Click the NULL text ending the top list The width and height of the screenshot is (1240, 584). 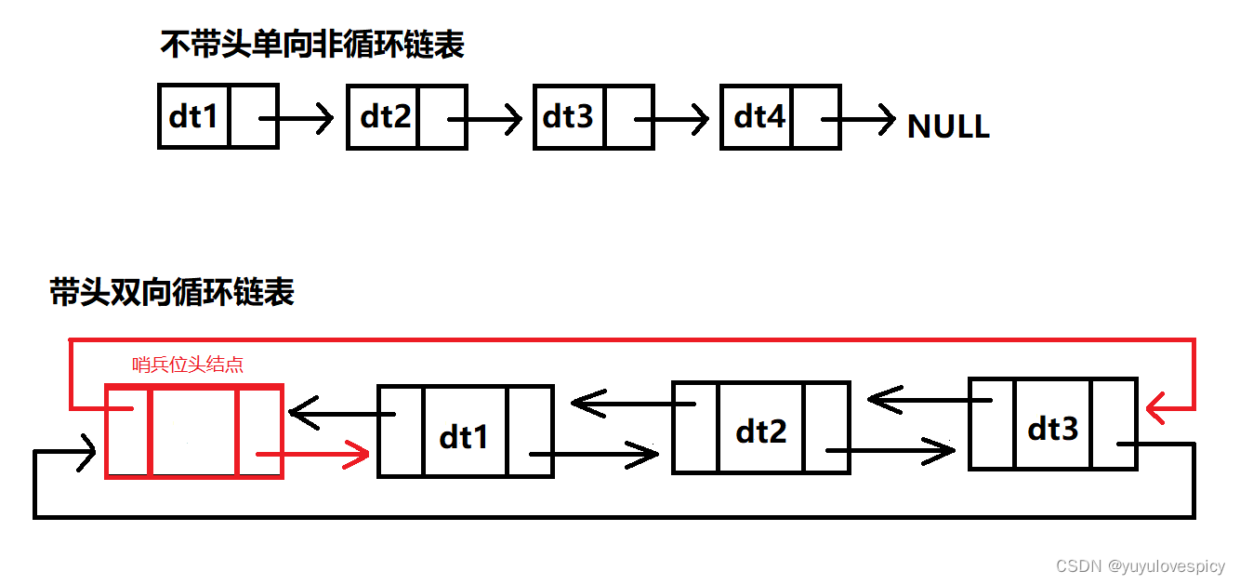point(948,126)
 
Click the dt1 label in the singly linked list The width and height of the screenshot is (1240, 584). point(193,116)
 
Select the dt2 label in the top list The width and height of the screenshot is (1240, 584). point(385,116)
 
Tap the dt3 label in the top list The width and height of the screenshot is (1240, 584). point(568,116)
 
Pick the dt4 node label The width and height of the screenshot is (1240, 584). point(759,116)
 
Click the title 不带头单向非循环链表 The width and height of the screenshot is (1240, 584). point(312,45)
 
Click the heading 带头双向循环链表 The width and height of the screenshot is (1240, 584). point(173,292)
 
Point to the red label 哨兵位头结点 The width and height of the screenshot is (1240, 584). point(188,365)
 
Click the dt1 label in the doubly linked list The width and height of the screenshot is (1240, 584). point(464,435)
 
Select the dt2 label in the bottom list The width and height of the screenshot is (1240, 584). point(760,431)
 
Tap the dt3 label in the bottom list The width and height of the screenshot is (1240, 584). point(1053,428)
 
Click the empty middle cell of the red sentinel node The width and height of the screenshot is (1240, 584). point(193,433)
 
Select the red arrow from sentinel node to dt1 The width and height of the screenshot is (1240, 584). point(316,455)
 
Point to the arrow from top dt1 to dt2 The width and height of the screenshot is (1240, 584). point(297,118)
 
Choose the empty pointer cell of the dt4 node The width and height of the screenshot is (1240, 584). point(815,116)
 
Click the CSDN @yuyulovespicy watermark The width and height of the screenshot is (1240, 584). point(1140,565)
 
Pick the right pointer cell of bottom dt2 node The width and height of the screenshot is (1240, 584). point(826,428)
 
